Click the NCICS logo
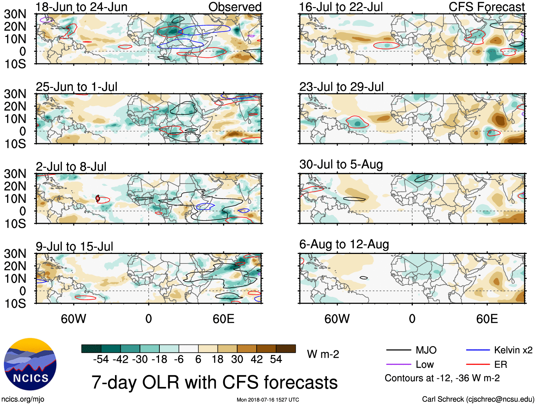30,364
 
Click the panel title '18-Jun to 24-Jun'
81,7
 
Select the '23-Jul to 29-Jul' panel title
341,87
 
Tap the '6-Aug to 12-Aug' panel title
344,244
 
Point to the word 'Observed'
235,7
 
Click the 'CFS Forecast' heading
486,7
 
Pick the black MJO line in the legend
398,350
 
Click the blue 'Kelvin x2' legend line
478,350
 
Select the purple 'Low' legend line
398,365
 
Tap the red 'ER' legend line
478,365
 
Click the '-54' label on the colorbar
101,360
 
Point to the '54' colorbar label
276,360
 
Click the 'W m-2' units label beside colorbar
323,354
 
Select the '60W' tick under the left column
73,319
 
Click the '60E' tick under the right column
487,319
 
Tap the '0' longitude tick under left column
148,319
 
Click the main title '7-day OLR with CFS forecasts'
214,382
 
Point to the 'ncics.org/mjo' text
23,399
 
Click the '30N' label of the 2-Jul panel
15,174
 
